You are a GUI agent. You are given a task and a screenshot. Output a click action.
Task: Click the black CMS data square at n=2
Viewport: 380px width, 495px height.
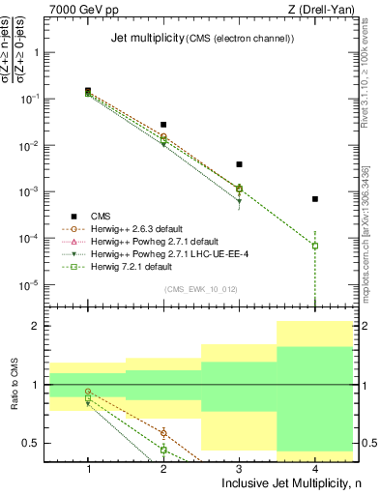163,125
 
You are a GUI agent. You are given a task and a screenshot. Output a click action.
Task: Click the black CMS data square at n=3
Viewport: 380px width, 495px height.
239,164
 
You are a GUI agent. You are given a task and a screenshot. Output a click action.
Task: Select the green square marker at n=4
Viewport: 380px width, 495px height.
314,246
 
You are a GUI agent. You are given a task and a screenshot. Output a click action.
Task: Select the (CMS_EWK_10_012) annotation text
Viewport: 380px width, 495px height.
202,289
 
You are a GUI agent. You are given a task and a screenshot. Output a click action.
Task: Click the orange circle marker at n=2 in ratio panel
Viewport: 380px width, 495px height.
163,432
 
